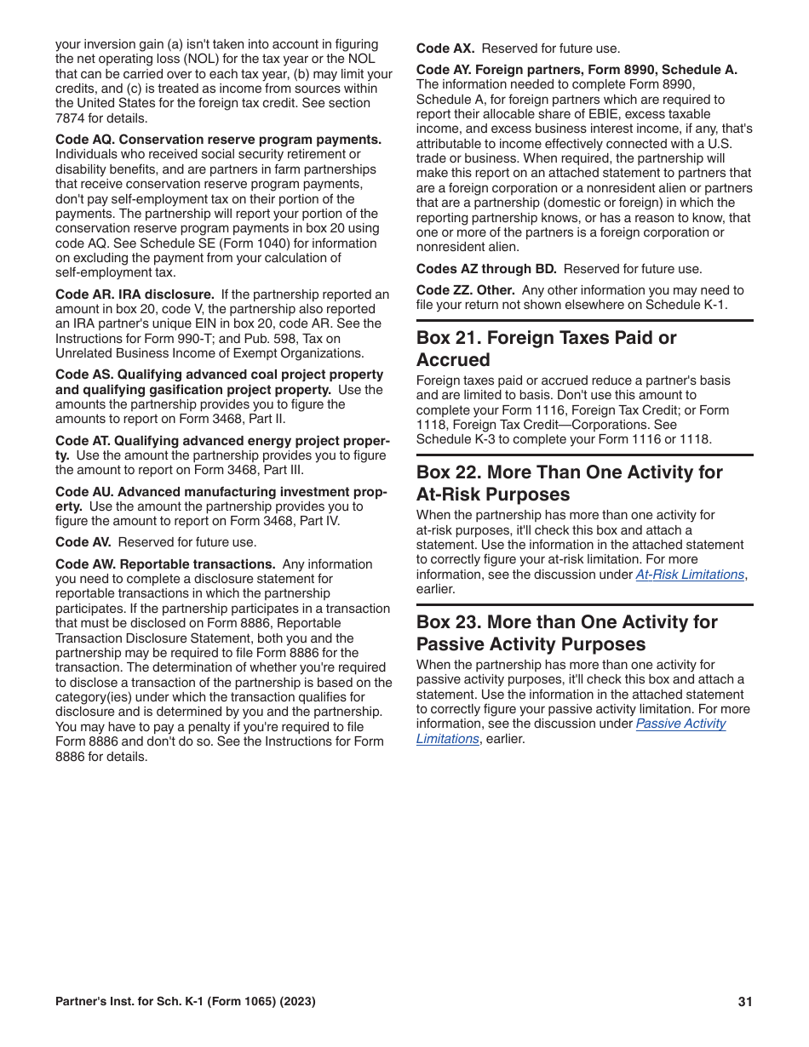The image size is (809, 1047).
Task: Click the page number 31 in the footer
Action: (x=745, y=1002)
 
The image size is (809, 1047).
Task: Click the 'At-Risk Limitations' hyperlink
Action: (x=690, y=575)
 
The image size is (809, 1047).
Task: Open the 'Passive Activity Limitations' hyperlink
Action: (x=680, y=724)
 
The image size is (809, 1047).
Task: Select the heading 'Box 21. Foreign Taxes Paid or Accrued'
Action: (x=546, y=348)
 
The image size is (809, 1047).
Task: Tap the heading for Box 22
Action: (x=569, y=483)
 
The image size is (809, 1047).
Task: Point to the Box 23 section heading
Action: (x=566, y=632)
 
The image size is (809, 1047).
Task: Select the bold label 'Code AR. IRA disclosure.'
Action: (x=135, y=295)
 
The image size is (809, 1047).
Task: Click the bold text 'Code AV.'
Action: (x=83, y=542)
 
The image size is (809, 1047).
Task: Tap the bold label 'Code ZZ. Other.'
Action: (x=465, y=290)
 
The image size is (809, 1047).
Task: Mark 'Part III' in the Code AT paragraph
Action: (x=281, y=470)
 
